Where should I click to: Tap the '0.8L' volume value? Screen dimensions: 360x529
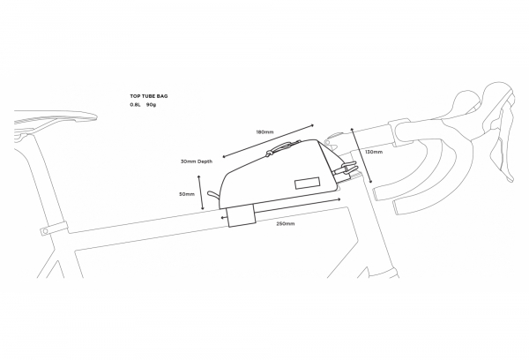pos(134,104)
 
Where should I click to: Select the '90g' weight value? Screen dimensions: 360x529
pos(151,104)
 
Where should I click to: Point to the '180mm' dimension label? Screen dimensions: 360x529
pos(264,132)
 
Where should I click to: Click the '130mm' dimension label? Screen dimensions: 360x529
pos(373,152)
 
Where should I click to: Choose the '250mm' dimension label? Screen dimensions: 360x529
pos(285,224)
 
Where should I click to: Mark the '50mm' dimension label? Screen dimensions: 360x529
pos(187,194)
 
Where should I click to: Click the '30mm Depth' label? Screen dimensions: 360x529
pos(197,162)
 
